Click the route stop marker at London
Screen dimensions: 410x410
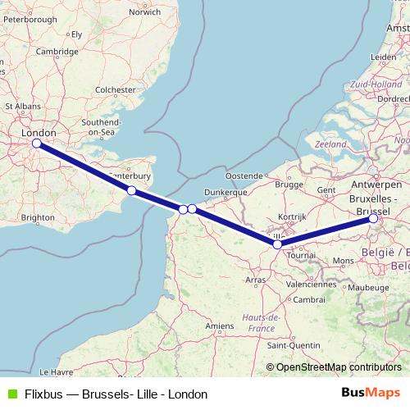(x=36, y=143)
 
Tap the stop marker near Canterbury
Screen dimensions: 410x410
(x=131, y=190)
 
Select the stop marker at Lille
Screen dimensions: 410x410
(x=277, y=244)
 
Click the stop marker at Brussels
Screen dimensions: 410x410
(x=373, y=218)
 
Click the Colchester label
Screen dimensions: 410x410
(x=115, y=89)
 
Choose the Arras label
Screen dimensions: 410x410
(x=257, y=280)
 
